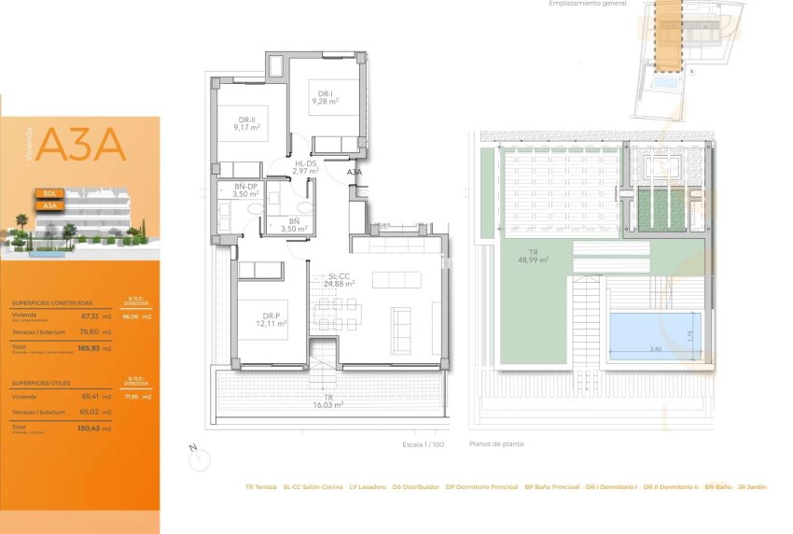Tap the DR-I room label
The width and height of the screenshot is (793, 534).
325,93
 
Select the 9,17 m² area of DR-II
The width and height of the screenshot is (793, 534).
247,128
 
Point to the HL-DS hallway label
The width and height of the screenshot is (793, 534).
305,164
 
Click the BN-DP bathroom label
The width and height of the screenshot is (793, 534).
245,187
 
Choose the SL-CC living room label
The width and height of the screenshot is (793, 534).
338,276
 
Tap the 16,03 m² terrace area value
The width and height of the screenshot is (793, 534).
328,405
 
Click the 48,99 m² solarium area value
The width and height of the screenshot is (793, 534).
534,260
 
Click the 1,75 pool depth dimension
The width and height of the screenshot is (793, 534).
690,334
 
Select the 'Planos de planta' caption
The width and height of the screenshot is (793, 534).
497,444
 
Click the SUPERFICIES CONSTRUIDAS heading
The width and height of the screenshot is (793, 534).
51,303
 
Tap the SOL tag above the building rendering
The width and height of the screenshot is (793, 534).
50,193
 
